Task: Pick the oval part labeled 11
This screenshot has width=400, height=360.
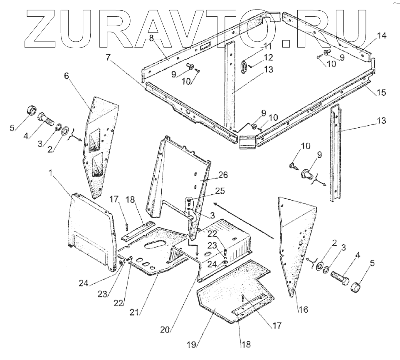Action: (244, 68)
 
